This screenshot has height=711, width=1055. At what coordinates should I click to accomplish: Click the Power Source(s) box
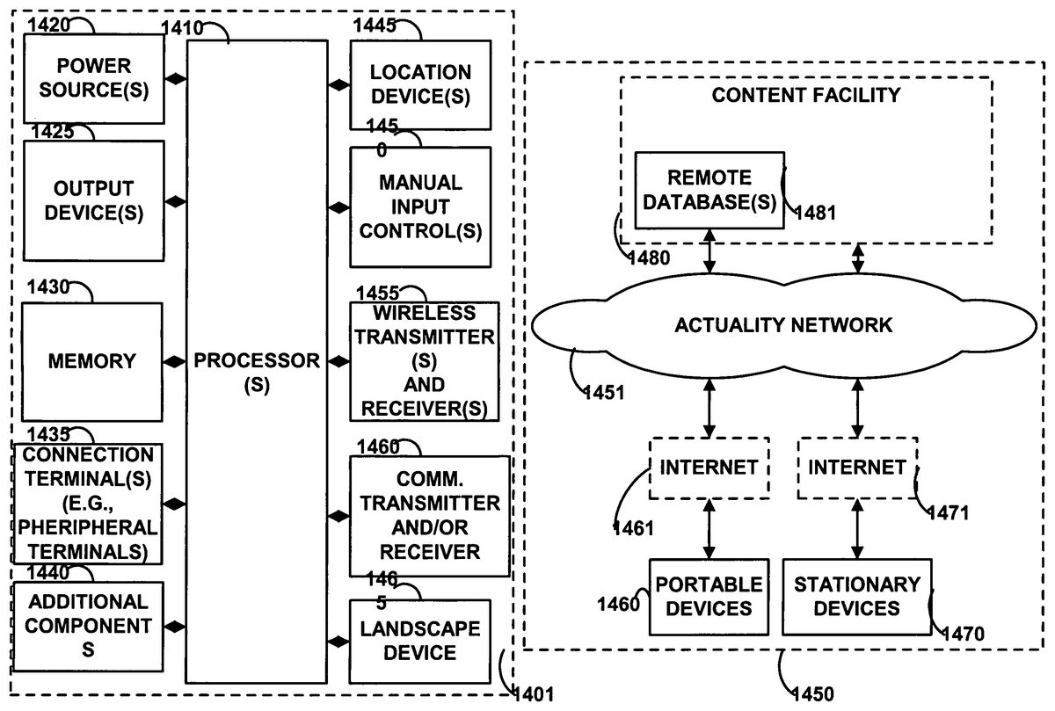click(x=94, y=78)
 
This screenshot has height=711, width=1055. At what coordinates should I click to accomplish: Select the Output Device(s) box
click(x=94, y=201)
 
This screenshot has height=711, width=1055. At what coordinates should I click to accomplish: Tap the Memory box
click(x=92, y=361)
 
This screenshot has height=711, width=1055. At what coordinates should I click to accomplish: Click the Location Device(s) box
click(x=419, y=84)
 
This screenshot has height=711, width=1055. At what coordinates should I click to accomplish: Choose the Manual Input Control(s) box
click(x=419, y=207)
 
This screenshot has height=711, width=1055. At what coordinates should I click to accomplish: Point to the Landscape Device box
click(x=419, y=641)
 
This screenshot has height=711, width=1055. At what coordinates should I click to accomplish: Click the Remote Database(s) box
click(x=709, y=190)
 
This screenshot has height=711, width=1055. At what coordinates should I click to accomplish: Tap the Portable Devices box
click(x=709, y=596)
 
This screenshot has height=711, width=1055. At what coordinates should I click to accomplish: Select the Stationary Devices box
click(x=856, y=596)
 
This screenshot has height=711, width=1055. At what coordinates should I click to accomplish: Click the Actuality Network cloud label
click(x=782, y=325)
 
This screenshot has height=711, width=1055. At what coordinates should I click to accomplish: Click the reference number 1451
click(x=605, y=392)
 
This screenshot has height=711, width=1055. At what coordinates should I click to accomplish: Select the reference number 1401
click(x=533, y=695)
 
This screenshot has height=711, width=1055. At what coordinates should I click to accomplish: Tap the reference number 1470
click(x=963, y=632)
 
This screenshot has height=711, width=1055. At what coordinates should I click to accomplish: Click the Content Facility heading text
click(x=806, y=95)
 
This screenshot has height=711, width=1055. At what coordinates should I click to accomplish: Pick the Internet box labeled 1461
click(x=709, y=467)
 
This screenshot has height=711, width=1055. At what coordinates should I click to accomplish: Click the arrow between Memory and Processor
click(x=175, y=361)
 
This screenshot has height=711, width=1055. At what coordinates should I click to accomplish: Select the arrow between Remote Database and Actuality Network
click(x=709, y=253)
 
